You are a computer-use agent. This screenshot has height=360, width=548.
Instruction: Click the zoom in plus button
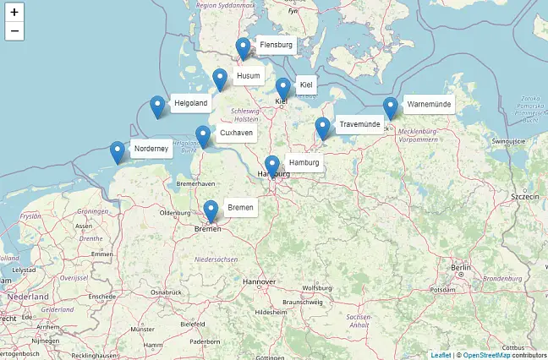14,13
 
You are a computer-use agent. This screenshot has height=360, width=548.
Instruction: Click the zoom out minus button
14,32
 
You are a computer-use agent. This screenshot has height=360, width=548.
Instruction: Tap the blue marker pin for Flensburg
244,49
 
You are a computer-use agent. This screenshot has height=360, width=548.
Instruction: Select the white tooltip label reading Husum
249,76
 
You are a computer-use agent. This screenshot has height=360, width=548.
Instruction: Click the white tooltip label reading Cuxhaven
236,134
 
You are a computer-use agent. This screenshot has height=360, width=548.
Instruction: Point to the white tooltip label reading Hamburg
303,162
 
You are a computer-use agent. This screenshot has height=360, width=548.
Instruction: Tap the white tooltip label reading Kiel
306,85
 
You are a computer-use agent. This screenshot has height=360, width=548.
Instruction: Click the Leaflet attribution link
441,355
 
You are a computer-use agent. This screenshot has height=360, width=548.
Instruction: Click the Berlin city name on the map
461,268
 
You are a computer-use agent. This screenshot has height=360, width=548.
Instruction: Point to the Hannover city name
259,281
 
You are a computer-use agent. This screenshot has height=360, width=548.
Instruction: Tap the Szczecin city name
524,195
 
